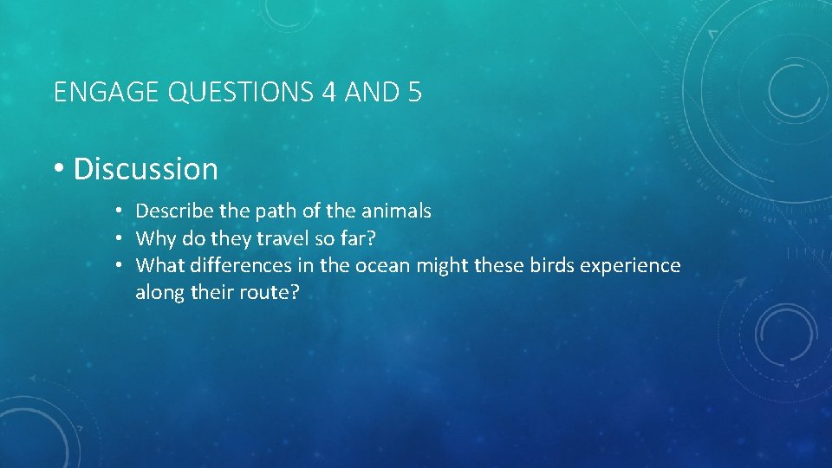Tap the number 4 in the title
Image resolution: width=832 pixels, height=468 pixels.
pyautogui.click(x=328, y=92)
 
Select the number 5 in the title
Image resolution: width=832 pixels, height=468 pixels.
pyautogui.click(x=413, y=92)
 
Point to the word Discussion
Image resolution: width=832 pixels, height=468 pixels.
pyautogui.click(x=146, y=169)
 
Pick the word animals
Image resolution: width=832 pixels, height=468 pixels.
pyautogui.click(x=394, y=211)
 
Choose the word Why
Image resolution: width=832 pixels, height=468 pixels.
pyautogui.click(x=154, y=237)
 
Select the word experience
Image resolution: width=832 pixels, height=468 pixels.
pyautogui.click(x=632, y=265)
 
